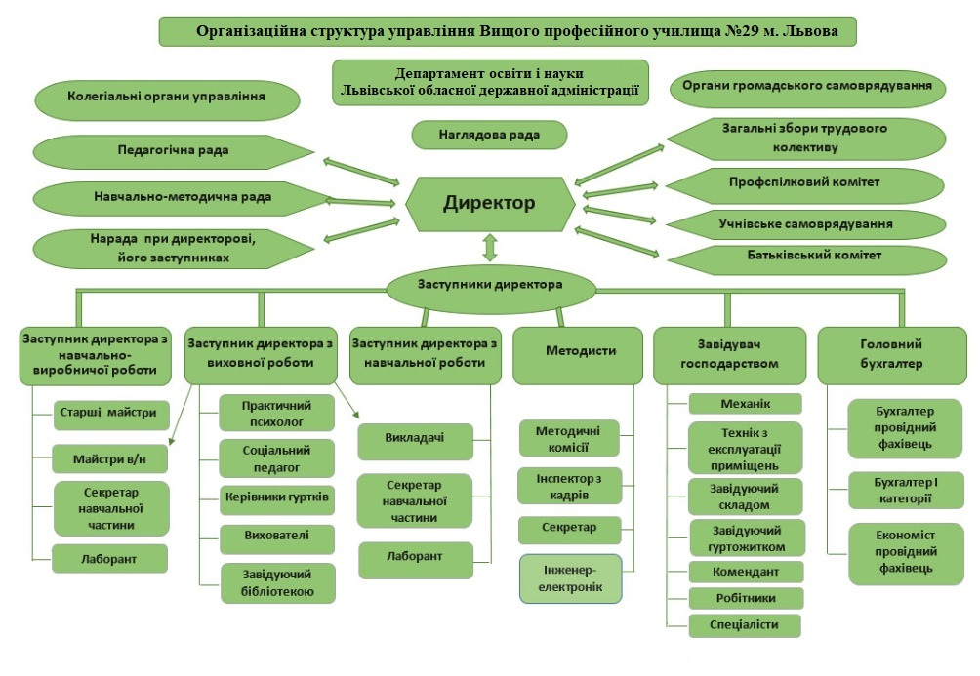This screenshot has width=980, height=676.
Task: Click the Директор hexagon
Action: [x=490, y=204]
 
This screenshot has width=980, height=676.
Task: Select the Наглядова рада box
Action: [x=489, y=135]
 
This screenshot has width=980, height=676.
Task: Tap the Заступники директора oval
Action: [x=490, y=290]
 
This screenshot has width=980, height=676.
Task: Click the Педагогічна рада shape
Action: [x=173, y=151]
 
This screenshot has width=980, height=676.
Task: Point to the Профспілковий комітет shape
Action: [x=804, y=185]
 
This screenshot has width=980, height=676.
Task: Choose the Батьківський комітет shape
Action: [x=806, y=258]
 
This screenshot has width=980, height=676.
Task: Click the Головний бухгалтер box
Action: [x=892, y=355]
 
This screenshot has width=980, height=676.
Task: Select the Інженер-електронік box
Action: [x=571, y=578]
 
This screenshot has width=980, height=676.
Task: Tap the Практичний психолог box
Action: [x=276, y=414]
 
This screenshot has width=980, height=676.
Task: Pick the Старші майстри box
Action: [x=110, y=415]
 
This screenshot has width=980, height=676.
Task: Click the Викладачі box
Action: [x=415, y=441]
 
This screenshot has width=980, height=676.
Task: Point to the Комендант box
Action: [x=746, y=572]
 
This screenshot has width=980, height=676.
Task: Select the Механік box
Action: [x=745, y=404]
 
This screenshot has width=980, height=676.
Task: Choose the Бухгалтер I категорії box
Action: [x=906, y=491]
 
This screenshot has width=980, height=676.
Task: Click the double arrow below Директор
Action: [x=490, y=248]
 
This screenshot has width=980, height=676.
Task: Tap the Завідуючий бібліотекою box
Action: [x=277, y=583]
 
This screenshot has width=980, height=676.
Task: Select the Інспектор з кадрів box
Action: [x=569, y=486]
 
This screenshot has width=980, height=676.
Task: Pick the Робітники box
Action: [x=746, y=598]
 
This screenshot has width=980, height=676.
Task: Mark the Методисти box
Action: [x=578, y=355]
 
